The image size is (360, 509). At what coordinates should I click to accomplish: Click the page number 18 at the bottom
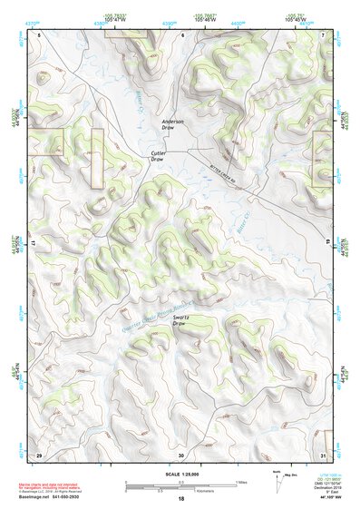pos(180,499)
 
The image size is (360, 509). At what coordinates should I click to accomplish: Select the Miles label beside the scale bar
pos(243,484)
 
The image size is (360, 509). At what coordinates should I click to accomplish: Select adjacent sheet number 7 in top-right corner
pos(323,34)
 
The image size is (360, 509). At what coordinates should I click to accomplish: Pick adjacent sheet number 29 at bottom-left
pos(39,454)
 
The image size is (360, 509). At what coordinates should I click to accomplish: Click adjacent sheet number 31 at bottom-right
pos(323,454)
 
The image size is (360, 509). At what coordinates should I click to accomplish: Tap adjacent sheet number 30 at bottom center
pos(180,454)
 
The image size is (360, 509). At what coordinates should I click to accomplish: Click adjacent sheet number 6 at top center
pos(181,34)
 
